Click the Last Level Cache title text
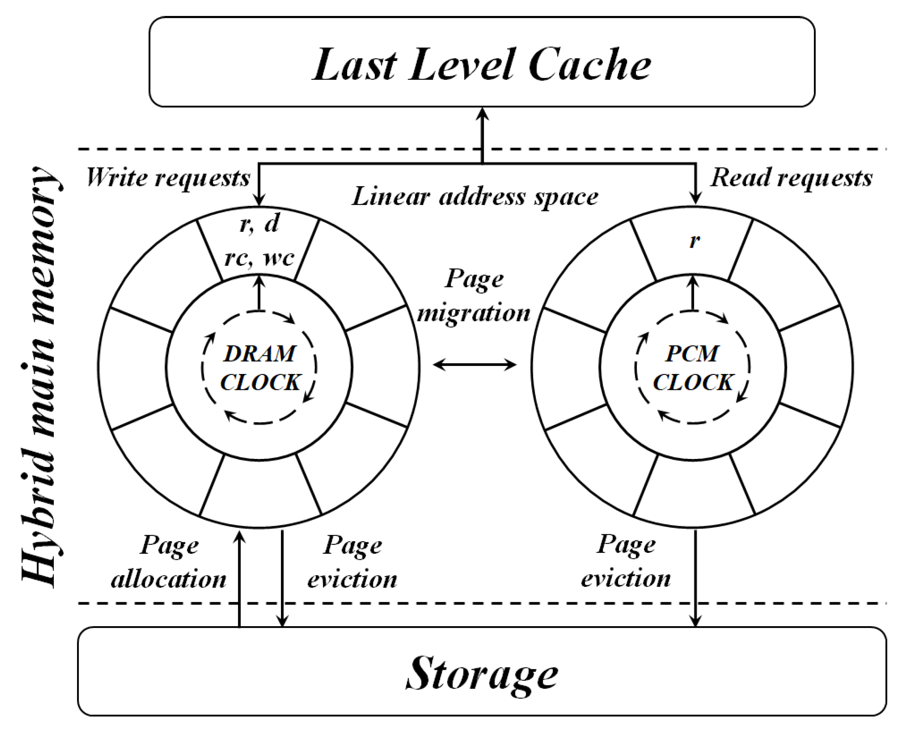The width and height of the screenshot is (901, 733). (x=481, y=64)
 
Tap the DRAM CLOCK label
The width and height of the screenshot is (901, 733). (x=259, y=368)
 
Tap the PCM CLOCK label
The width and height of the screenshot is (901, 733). (x=693, y=368)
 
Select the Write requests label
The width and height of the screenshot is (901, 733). (x=168, y=178)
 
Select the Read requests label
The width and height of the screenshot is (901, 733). (x=791, y=178)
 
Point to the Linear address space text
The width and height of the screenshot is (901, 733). (x=475, y=197)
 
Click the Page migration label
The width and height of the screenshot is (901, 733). (x=473, y=296)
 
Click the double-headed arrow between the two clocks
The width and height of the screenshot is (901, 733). (x=475, y=364)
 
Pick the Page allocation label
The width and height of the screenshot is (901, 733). (x=169, y=562)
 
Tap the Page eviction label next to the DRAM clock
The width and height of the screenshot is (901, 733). (x=352, y=562)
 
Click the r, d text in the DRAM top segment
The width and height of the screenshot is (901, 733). (x=259, y=223)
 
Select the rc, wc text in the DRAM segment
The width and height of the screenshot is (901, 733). (x=259, y=257)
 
